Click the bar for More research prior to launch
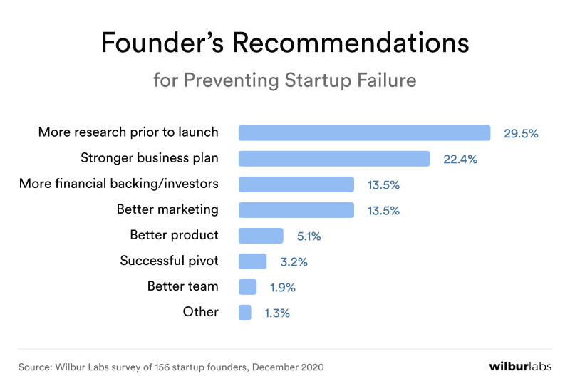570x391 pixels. pyautogui.click(x=364, y=133)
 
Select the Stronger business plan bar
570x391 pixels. pyautogui.click(x=334, y=159)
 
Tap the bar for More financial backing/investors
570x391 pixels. pyautogui.click(x=296, y=184)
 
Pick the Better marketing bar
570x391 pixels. pyautogui.click(x=296, y=210)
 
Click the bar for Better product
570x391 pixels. pyautogui.click(x=261, y=236)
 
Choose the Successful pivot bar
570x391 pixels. pyautogui.click(x=252, y=261)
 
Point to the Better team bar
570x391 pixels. pyautogui.click(x=247, y=287)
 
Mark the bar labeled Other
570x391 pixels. pyautogui.click(x=245, y=312)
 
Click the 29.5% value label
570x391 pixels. pyautogui.click(x=521, y=133)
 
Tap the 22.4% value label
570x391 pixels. pyautogui.click(x=460, y=160)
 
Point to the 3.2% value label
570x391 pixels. pyautogui.click(x=294, y=261)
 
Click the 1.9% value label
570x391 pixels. pyautogui.click(x=283, y=288)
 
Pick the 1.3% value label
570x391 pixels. pyautogui.click(x=277, y=313)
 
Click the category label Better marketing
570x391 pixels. pyautogui.click(x=167, y=209)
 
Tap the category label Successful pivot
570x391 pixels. pyautogui.click(x=169, y=261)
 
